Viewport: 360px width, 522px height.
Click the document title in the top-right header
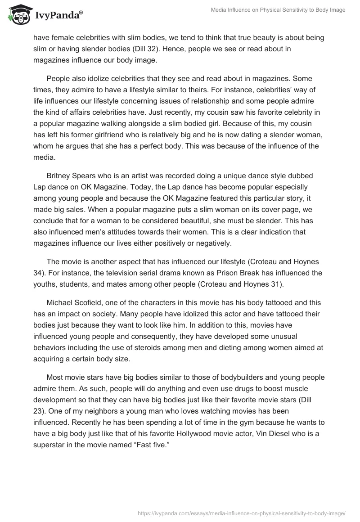pos(278,10)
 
